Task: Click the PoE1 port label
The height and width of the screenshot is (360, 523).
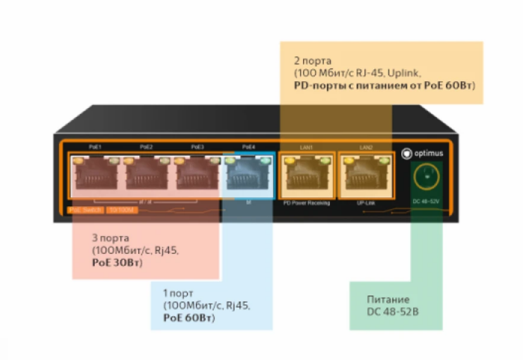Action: coord(96,147)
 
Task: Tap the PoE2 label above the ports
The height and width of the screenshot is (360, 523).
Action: coord(146,147)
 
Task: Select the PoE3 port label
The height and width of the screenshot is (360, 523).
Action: coord(197,147)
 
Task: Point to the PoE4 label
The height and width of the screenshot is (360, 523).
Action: coord(248,147)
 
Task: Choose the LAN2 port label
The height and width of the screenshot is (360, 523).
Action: coord(365,147)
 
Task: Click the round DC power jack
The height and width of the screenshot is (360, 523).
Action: coord(427,177)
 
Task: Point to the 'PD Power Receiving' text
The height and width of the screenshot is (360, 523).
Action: coord(307,203)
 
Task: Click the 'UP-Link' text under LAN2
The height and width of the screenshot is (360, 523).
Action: coord(365,203)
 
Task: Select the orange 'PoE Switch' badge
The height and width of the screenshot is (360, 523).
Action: coord(85,210)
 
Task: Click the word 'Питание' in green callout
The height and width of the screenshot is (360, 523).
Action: coord(388,300)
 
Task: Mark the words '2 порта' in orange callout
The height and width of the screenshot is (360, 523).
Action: coord(313,60)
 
